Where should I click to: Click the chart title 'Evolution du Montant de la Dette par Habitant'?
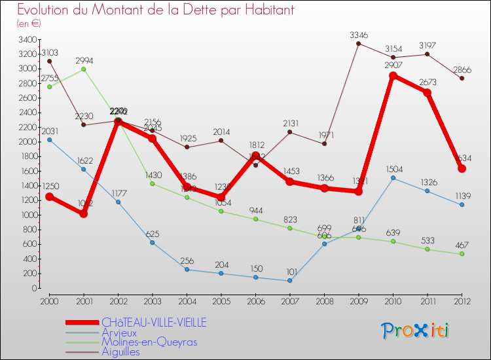click(x=155, y=10)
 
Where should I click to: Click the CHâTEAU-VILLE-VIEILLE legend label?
click(x=153, y=322)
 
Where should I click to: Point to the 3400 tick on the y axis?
click(x=28, y=39)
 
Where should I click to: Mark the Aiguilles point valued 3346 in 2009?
click(x=359, y=43)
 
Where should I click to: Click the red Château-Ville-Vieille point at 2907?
click(x=393, y=75)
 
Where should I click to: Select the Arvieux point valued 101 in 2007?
click(x=290, y=281)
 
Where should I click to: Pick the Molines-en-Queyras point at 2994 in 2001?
click(x=83, y=69)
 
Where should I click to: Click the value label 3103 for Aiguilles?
click(x=50, y=52)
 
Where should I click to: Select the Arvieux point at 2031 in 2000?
click(x=49, y=139)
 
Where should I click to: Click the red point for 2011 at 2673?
click(x=427, y=92)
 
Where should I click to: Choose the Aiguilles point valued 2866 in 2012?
click(x=462, y=79)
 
